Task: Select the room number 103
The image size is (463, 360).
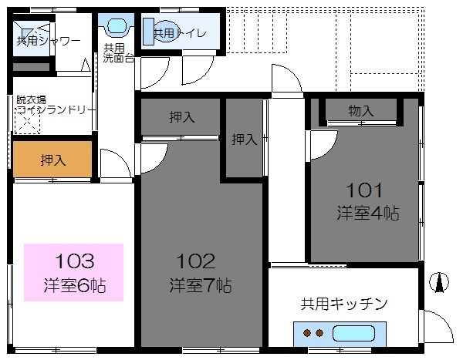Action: pyautogui.click(x=75, y=260)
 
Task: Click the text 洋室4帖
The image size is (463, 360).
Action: pyautogui.click(x=367, y=213)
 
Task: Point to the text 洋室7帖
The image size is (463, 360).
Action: pyautogui.click(x=201, y=286)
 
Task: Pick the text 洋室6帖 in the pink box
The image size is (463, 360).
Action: pyautogui.click(x=74, y=287)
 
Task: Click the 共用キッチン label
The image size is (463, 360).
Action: pyautogui.click(x=343, y=304)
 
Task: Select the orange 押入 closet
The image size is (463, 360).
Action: pyautogui.click(x=52, y=160)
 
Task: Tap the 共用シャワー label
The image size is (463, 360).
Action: pyautogui.click(x=49, y=40)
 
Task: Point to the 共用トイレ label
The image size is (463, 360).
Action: pyautogui.click(x=178, y=33)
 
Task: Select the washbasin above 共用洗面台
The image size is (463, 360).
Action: pyautogui.click(x=115, y=26)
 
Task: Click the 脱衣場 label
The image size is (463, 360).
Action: pyautogui.click(x=32, y=100)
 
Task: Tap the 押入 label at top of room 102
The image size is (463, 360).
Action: pyautogui.click(x=182, y=117)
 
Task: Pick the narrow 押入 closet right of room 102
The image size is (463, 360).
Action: pyautogui.click(x=244, y=140)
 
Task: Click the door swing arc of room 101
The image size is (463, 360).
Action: pyautogui.click(x=324, y=143)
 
